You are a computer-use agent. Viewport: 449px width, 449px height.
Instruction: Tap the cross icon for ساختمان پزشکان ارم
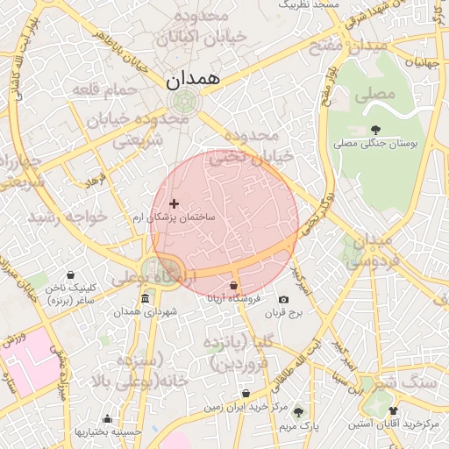point(174,203)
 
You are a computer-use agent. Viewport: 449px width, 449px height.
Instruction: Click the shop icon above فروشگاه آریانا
point(233,286)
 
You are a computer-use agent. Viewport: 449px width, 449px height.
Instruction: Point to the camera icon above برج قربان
point(282,299)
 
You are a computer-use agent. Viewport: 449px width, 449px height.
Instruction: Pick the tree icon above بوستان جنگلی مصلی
point(376,130)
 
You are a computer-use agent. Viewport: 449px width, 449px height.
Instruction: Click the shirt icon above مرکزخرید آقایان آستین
point(393,410)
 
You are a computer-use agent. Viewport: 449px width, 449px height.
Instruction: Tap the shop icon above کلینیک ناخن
point(70,274)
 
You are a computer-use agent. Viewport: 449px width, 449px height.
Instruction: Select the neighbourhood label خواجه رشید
point(68,216)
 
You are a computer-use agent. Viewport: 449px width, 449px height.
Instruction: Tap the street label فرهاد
point(94,180)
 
